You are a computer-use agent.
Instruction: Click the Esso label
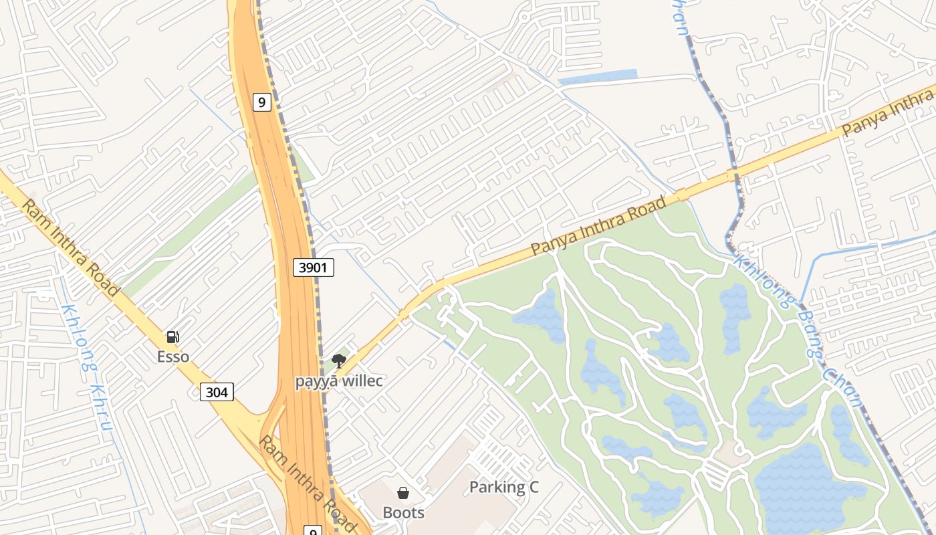coord(173,356)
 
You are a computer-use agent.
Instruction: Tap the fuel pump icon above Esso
coord(173,337)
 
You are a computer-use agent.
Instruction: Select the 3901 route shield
coord(314,267)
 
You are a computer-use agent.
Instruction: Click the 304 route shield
coord(217,392)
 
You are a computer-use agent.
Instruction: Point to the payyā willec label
coord(339,381)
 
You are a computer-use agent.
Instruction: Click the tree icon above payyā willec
coord(339,362)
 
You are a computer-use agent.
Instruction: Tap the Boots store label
coord(403,512)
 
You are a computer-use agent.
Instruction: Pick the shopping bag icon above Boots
coord(403,494)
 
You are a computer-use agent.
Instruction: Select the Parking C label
coord(503,487)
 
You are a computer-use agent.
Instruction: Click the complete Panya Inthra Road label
coord(598,225)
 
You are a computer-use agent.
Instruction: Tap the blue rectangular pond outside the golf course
coord(597,77)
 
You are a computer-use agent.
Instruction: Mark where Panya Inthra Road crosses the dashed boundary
coord(735,175)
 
